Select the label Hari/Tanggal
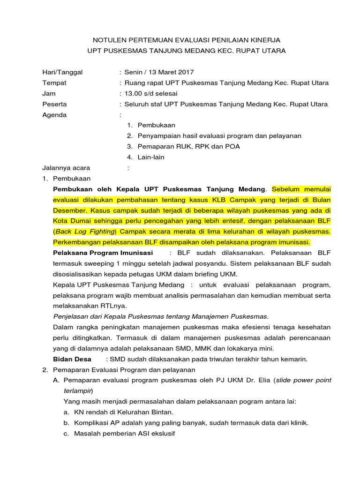[x=62, y=72]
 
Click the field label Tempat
[x=54, y=82]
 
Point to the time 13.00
[x=133, y=93]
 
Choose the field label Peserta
[x=54, y=104]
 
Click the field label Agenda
[x=54, y=115]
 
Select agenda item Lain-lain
[x=151, y=157]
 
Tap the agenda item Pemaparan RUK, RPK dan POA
[x=188, y=147]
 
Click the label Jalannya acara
[x=66, y=168]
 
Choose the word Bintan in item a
[x=162, y=412]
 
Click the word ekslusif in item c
[x=161, y=434]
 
